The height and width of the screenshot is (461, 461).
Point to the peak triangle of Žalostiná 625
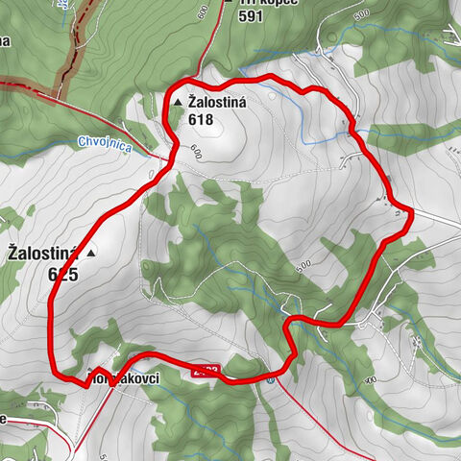coord(91,254)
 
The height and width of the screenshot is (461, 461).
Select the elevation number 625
coord(61,273)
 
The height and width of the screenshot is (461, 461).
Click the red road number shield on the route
coord(208,370)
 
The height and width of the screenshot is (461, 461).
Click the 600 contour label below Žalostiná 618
coord(195,152)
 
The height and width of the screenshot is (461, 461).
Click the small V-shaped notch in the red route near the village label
coord(96,370)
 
